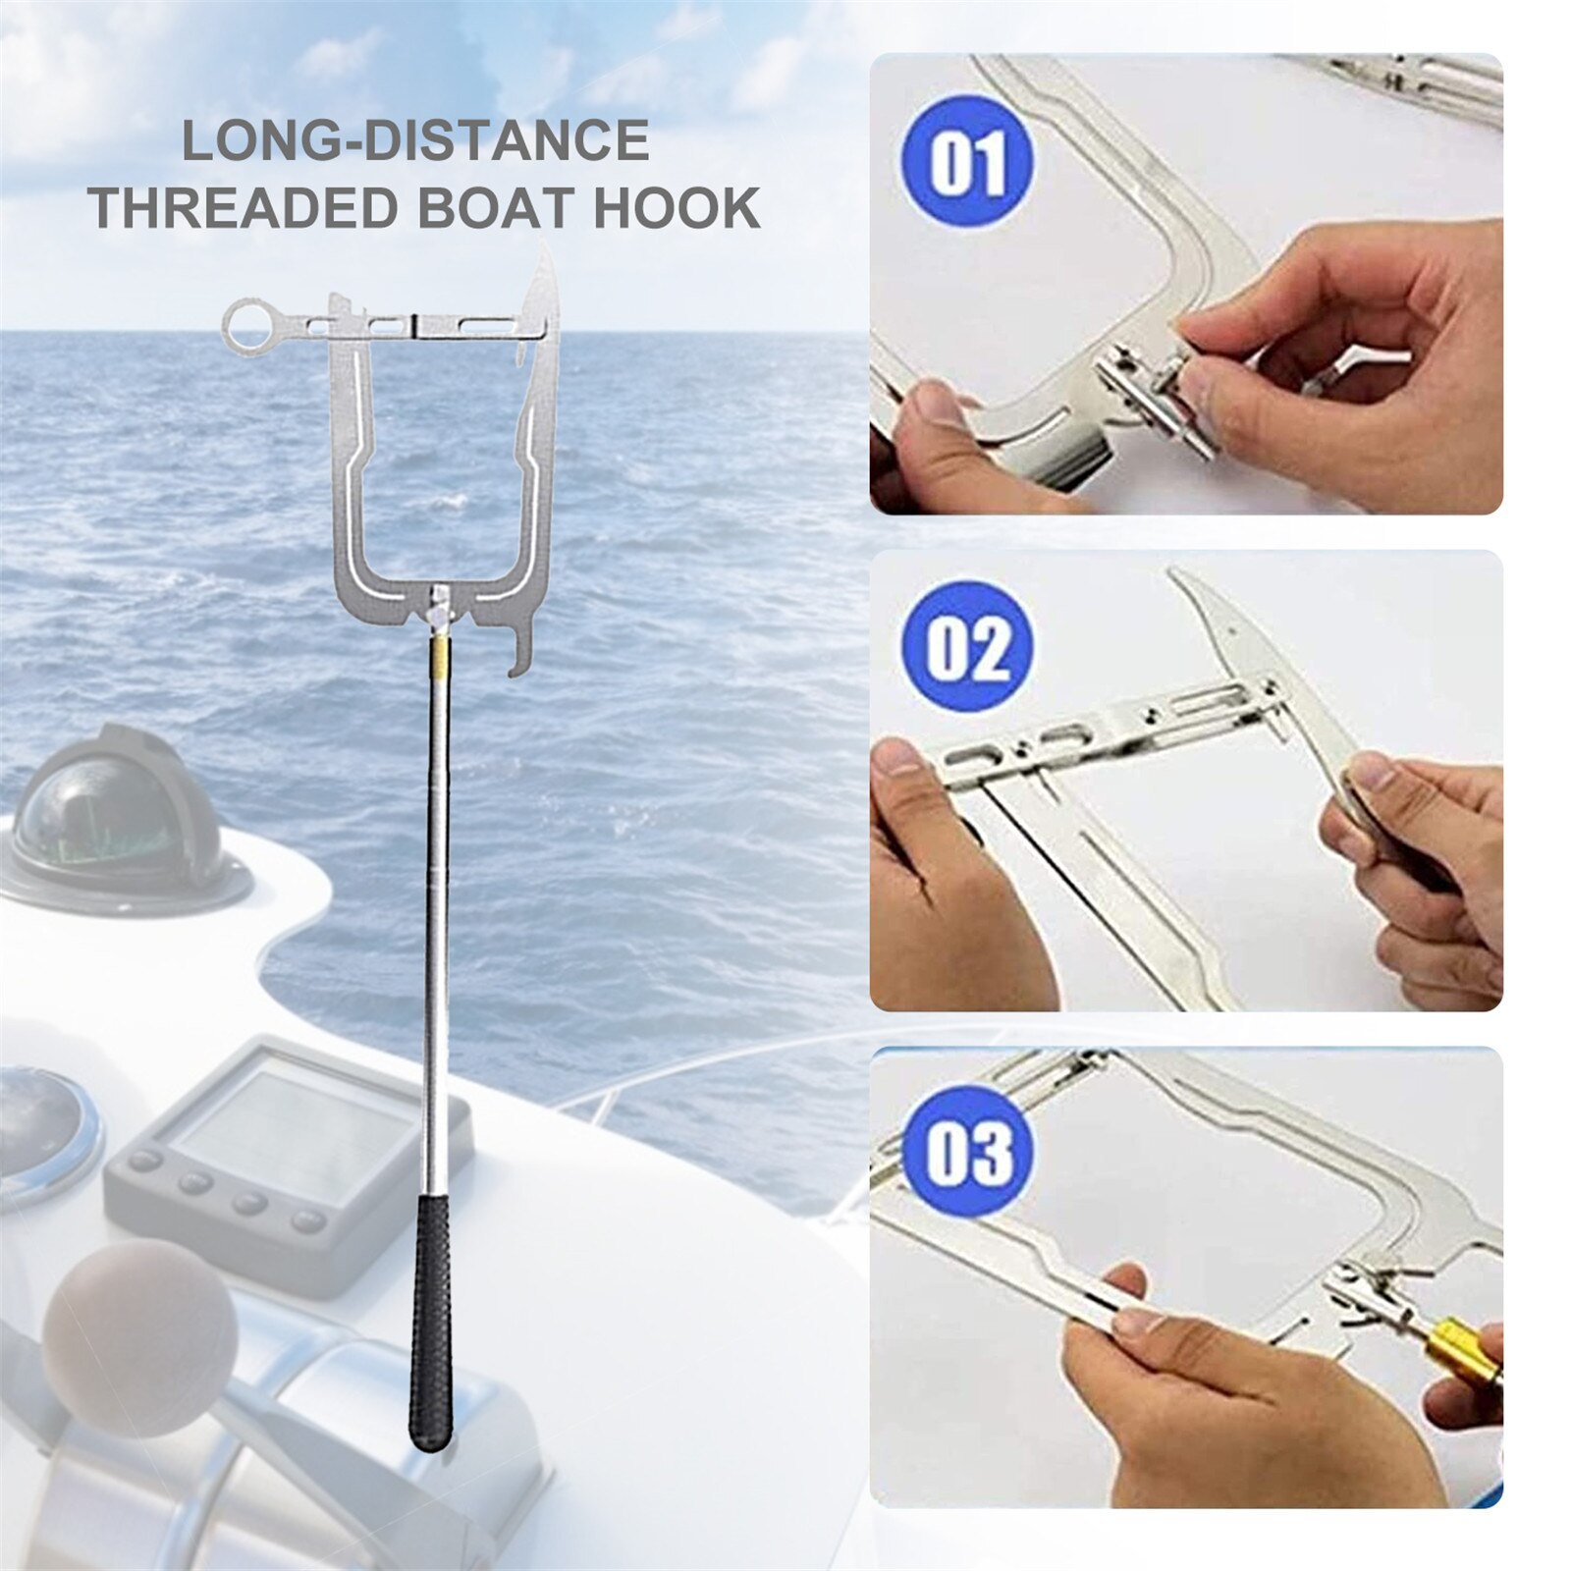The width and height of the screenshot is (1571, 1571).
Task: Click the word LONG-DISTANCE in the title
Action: [415, 139]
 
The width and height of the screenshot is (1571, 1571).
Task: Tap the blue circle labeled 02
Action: [967, 649]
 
